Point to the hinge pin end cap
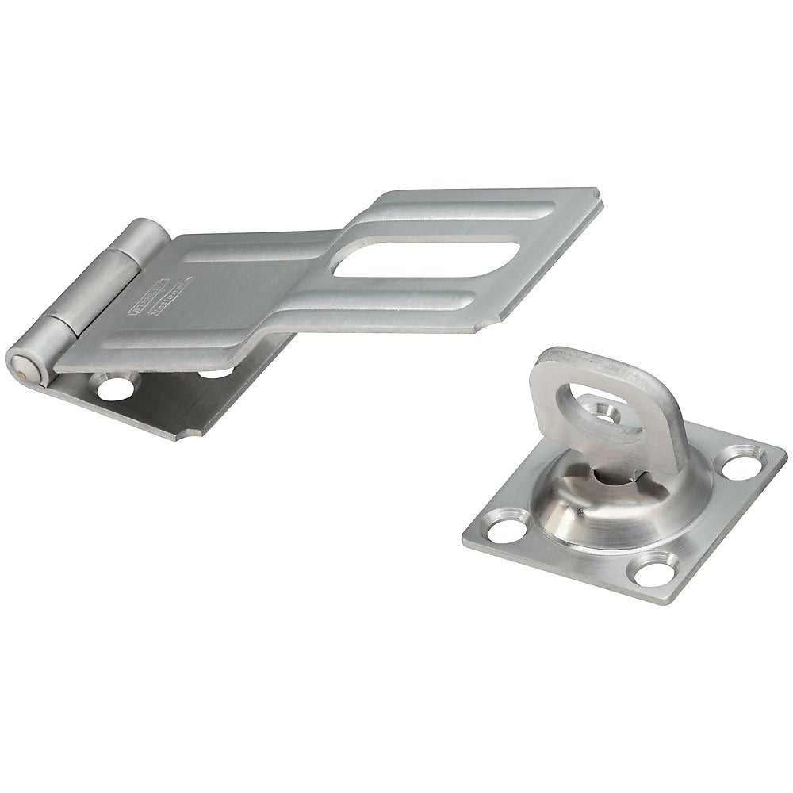click(19, 362)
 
